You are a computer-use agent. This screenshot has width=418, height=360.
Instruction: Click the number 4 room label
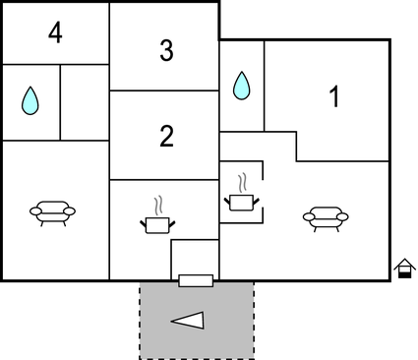point(54,33)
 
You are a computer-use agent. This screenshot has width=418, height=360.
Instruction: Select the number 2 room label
point(165,137)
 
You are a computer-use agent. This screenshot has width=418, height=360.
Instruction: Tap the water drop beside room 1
point(241,87)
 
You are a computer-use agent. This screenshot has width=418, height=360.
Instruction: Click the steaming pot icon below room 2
point(157,225)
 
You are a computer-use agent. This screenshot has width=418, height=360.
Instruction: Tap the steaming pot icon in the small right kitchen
point(241,202)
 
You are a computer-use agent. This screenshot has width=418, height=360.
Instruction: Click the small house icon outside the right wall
point(403,268)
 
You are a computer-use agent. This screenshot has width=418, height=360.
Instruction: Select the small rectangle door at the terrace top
point(196,281)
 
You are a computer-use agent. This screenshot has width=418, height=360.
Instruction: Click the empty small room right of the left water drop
point(85,102)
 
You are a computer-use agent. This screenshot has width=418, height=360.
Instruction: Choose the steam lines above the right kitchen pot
point(241,183)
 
